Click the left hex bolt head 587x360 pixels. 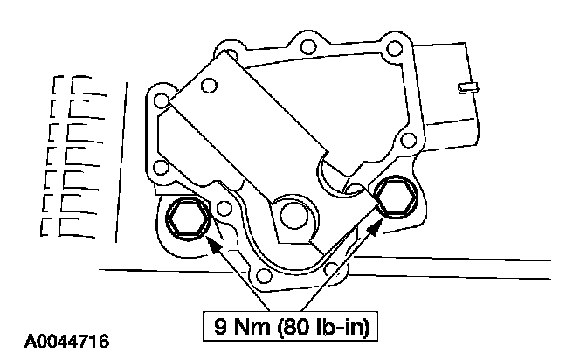coord(188,219)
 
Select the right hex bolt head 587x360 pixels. coord(396,197)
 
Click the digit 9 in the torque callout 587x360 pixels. coord(220,326)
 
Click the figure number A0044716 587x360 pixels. coord(66,342)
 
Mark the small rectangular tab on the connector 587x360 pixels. coord(468,88)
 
